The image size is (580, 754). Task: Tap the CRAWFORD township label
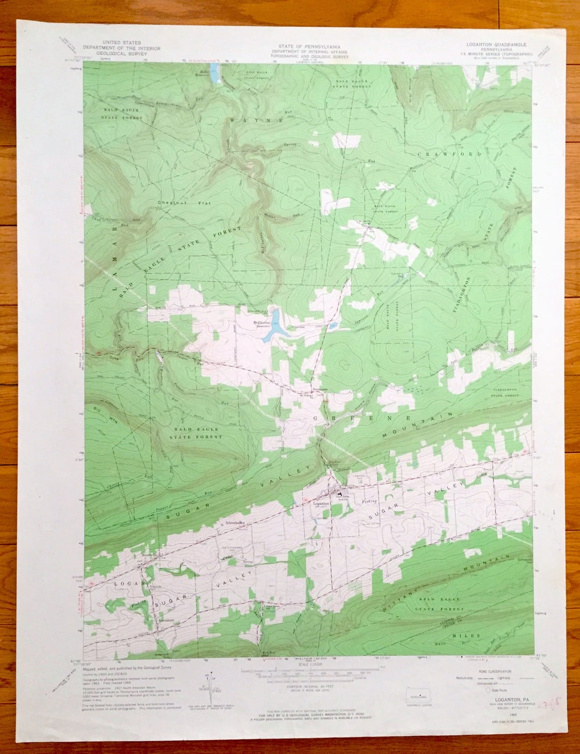tap(450, 154)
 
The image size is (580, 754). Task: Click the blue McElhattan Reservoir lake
tap(275, 326)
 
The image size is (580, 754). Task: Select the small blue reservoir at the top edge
tap(216, 76)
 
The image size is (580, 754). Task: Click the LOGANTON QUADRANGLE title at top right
tap(494, 45)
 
